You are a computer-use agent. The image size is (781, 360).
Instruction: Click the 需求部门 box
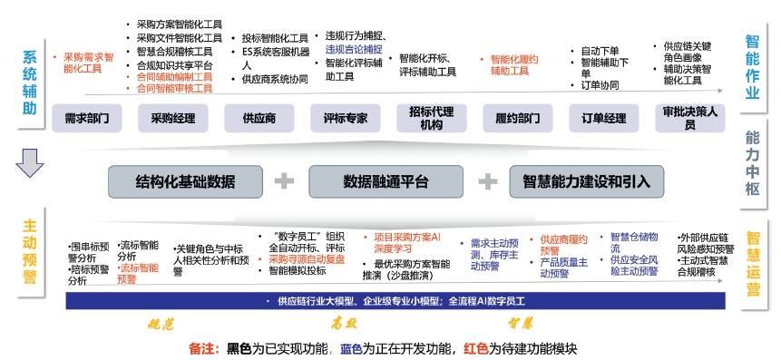tap(87, 118)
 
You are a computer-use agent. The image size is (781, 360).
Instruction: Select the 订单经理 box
tap(603, 118)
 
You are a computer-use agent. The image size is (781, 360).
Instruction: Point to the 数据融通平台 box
tap(386, 181)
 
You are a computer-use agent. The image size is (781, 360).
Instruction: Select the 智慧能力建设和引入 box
tap(586, 181)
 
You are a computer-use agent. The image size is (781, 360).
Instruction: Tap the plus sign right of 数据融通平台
tap(487, 181)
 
